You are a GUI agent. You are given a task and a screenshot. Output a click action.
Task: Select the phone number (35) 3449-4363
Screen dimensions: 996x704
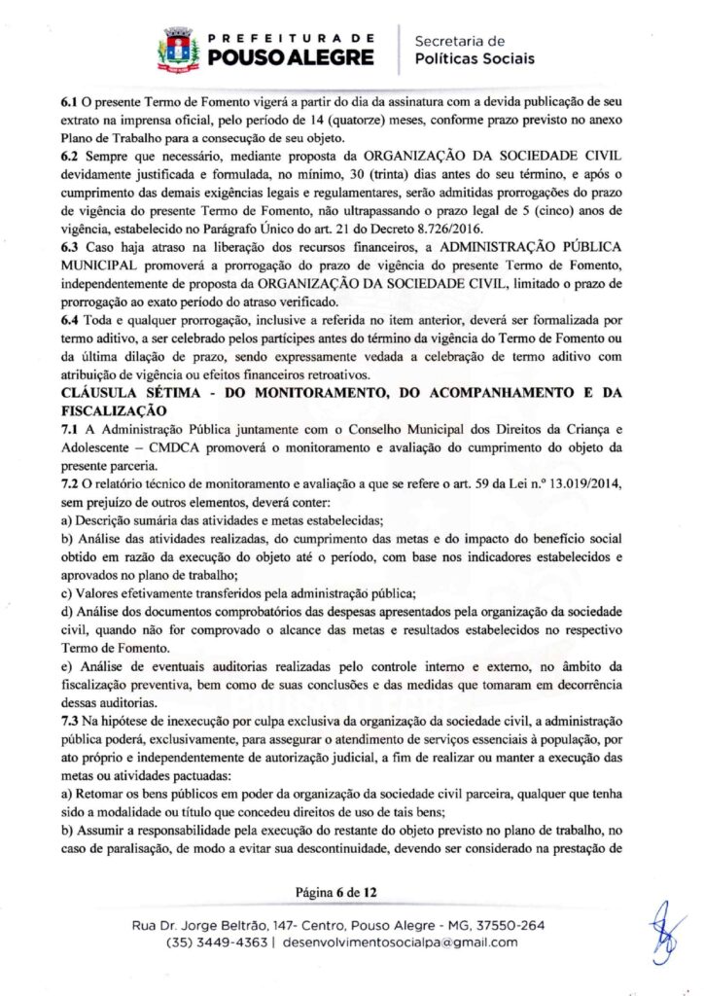click(214, 942)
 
